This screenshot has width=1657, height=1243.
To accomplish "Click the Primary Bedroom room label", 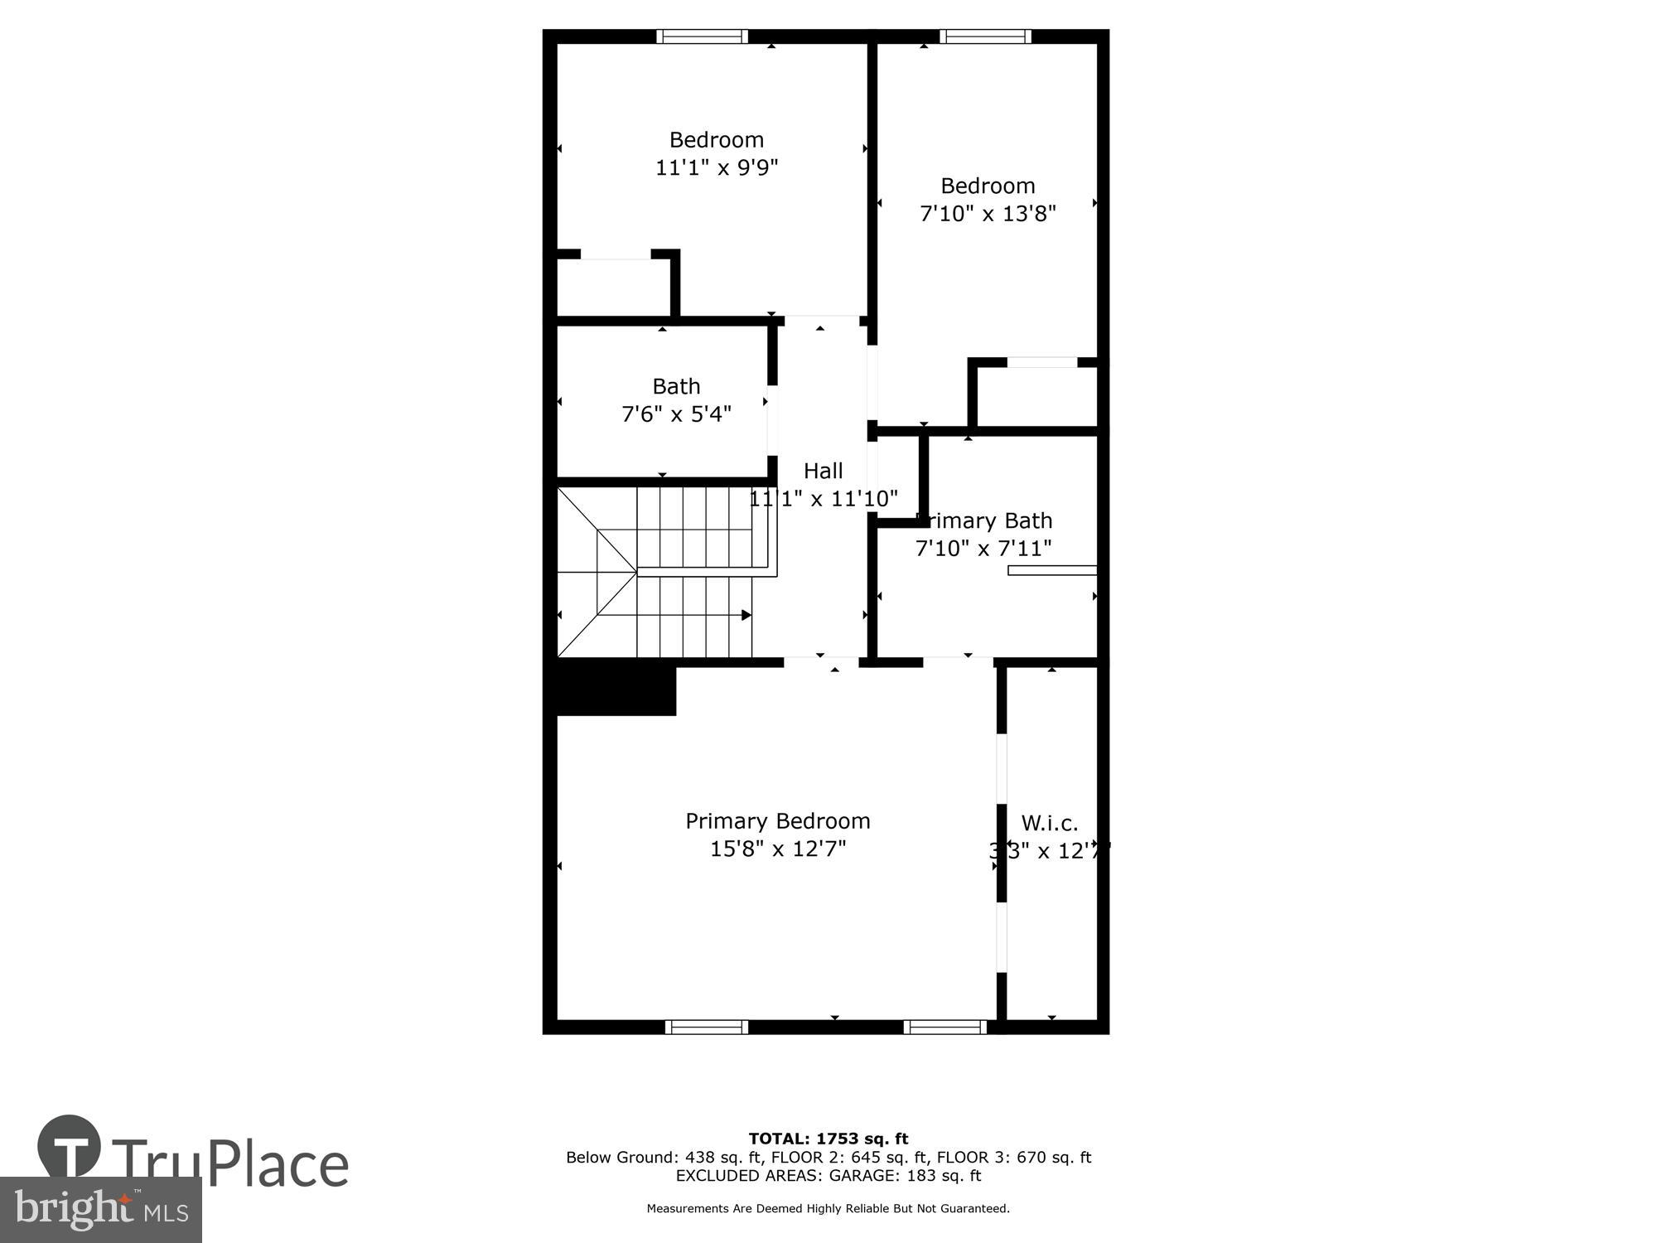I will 777,821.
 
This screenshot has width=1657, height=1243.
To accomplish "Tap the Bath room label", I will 676,386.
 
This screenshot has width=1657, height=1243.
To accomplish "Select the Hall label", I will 823,471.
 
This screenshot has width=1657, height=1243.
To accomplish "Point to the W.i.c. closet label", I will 1049,823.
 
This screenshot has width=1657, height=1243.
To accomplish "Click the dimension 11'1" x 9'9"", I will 717,168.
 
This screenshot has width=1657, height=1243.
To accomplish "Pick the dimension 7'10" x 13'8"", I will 988,214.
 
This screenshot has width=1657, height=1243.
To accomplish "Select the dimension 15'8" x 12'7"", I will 777,849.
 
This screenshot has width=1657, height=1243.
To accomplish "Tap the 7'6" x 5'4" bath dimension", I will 676,414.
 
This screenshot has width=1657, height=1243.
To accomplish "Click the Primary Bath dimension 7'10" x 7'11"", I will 983,549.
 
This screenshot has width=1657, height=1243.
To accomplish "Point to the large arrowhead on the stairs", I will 746,615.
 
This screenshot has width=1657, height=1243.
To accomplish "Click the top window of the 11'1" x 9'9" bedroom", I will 702,36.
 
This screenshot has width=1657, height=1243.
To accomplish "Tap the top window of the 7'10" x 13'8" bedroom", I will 985,36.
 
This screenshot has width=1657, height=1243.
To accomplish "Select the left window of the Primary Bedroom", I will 706,1028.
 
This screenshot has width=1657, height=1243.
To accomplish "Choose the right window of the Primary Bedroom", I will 944,1028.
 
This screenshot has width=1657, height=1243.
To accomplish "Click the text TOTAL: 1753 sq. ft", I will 828,1139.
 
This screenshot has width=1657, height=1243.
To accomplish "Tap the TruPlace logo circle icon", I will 69,1148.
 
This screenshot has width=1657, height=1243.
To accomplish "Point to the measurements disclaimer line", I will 828,1209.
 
